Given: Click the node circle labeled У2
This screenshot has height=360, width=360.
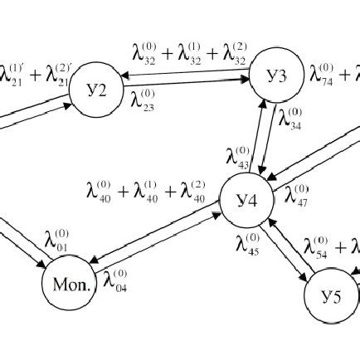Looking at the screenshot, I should point(98,90).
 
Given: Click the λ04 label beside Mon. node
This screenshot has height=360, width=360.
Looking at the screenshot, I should point(115,280).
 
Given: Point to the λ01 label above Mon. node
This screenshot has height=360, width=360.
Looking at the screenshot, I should point(58,243).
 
